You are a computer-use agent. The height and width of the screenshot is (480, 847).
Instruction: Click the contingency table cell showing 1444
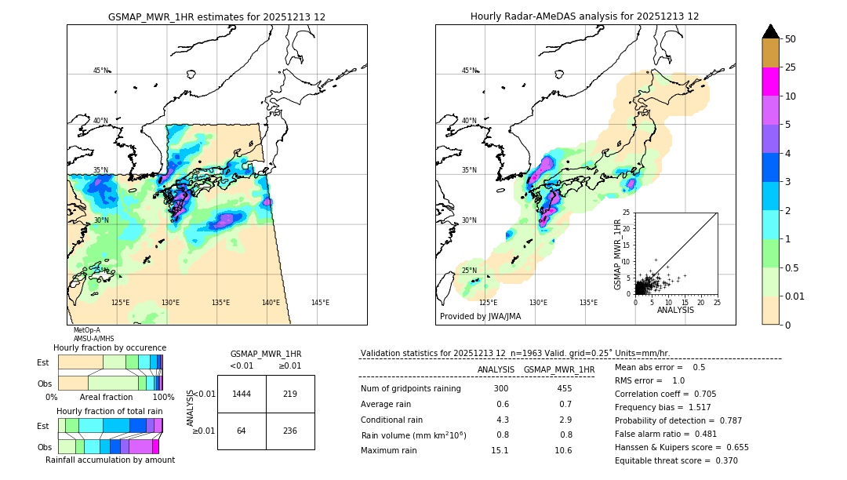[242, 394]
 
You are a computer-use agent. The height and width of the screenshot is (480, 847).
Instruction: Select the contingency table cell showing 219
[290, 394]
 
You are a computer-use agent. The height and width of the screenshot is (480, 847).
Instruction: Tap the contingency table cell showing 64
[242, 431]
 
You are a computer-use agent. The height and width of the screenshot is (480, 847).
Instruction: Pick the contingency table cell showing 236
[290, 431]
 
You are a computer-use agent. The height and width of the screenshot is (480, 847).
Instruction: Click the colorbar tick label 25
[791, 67]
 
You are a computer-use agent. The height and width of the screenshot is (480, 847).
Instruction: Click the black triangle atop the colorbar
[771, 31]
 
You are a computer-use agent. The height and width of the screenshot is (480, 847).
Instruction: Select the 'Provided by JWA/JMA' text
[480, 316]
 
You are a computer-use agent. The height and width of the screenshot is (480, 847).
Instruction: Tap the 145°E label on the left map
[320, 303]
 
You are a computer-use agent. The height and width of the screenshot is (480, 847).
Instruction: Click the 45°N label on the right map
[469, 71]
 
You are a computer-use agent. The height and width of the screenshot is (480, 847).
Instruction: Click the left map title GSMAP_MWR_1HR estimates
[216, 16]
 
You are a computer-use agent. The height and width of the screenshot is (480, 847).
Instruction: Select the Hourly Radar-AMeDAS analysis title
[584, 16]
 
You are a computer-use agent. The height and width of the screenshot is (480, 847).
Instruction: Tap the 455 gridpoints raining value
[564, 389]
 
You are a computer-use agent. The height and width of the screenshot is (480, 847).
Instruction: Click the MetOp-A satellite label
[86, 331]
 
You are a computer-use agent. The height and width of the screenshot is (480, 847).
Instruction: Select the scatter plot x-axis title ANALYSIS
[675, 310]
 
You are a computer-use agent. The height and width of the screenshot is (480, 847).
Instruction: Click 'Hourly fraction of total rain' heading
[110, 411]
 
